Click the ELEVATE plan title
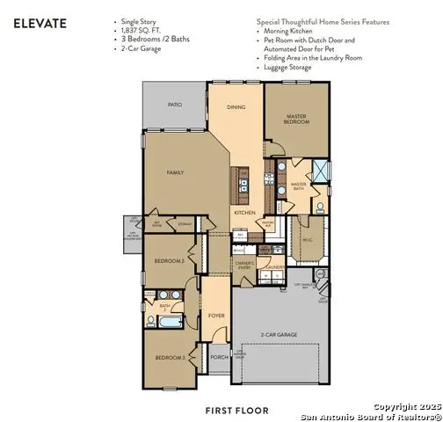[x=40, y=25]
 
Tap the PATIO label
[x=175, y=105]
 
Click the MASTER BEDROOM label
[x=299, y=118]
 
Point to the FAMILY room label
[x=175, y=173]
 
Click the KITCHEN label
[x=244, y=213]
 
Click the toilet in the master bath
[x=320, y=207]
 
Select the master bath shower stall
[x=322, y=171]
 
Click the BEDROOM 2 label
[x=171, y=262]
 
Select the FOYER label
[x=216, y=316]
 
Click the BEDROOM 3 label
[x=169, y=358]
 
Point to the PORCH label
[x=219, y=357]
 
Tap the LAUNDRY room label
[x=274, y=266]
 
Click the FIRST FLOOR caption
[x=236, y=410]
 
